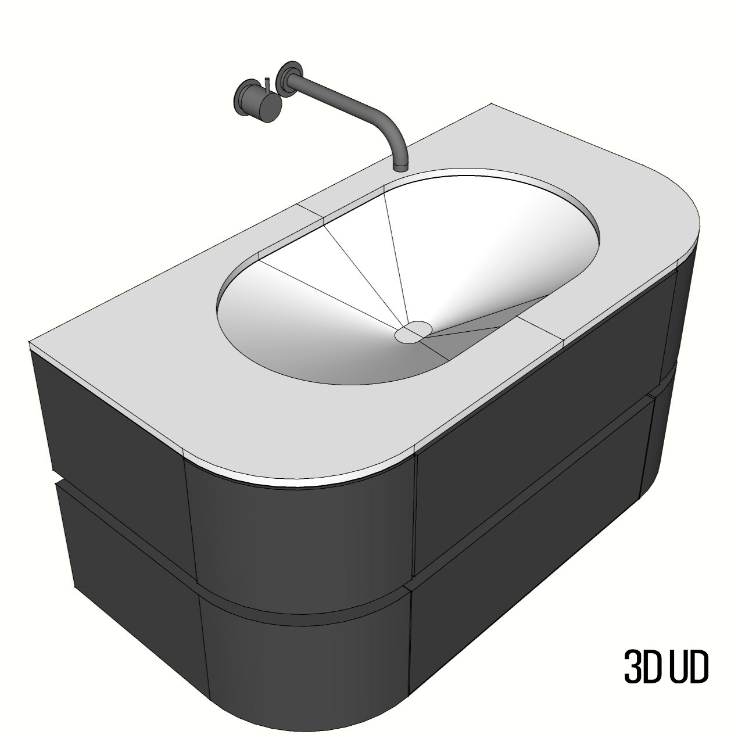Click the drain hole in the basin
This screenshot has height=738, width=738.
[x=412, y=332]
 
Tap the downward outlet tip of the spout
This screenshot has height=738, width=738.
[x=400, y=167]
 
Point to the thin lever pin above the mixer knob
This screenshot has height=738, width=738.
[x=267, y=84]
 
